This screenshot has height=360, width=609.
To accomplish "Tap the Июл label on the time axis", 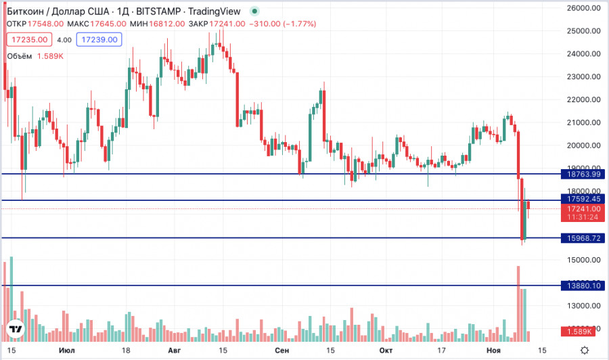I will click(67, 351).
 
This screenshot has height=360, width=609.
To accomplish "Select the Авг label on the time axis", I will click(174, 351).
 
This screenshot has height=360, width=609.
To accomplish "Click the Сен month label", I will click(283, 351).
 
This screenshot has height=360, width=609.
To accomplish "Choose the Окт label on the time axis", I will click(386, 351).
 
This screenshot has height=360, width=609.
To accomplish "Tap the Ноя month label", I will click(492, 351).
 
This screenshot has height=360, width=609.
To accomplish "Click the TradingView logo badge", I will click(17, 330).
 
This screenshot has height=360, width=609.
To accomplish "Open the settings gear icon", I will click(593, 351).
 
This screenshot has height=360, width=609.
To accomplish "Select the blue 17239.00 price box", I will click(99, 40).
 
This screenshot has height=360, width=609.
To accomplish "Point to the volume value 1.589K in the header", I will click(50, 56).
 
